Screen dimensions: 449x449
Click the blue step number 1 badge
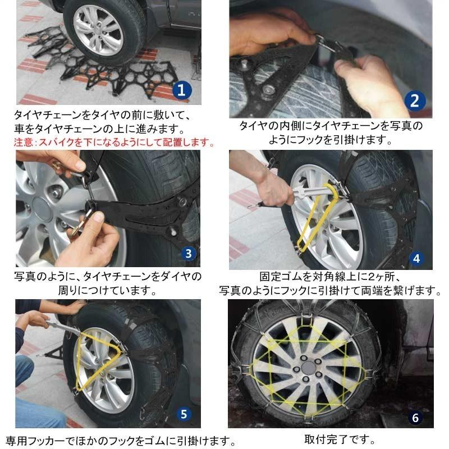point(182,90)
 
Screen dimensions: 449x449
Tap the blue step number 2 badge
point(415,101)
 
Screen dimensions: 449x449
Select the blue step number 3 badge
point(188,254)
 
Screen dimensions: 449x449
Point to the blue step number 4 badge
point(416,259)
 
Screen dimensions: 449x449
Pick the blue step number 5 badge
point(184,414)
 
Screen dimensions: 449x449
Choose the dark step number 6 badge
point(415,418)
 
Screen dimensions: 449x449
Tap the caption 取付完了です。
point(340,439)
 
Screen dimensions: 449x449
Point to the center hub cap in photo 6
point(308,367)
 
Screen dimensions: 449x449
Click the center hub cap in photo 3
point(43,208)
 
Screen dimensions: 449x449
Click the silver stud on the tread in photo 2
point(269,90)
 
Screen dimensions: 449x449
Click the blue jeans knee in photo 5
point(24,369)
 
